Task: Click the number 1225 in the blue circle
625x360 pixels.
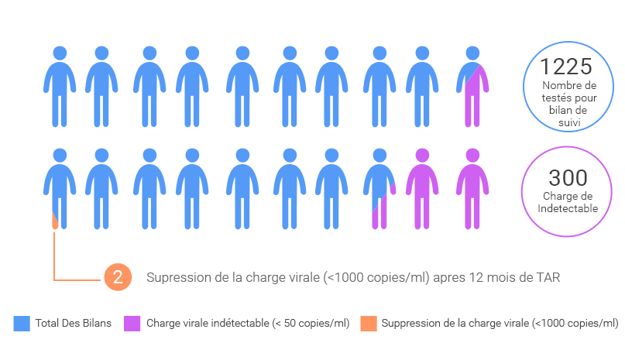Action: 566,67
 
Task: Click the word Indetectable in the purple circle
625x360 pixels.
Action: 568,208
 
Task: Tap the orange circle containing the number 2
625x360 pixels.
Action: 117,277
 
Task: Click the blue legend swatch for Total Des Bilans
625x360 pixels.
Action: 22,324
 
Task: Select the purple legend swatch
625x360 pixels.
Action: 132,324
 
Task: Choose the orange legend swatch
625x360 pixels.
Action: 369,324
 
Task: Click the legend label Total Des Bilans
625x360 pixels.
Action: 74,324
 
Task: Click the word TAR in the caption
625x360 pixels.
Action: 546,277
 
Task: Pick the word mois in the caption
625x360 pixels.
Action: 500,277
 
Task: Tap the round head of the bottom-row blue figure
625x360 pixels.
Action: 379,156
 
